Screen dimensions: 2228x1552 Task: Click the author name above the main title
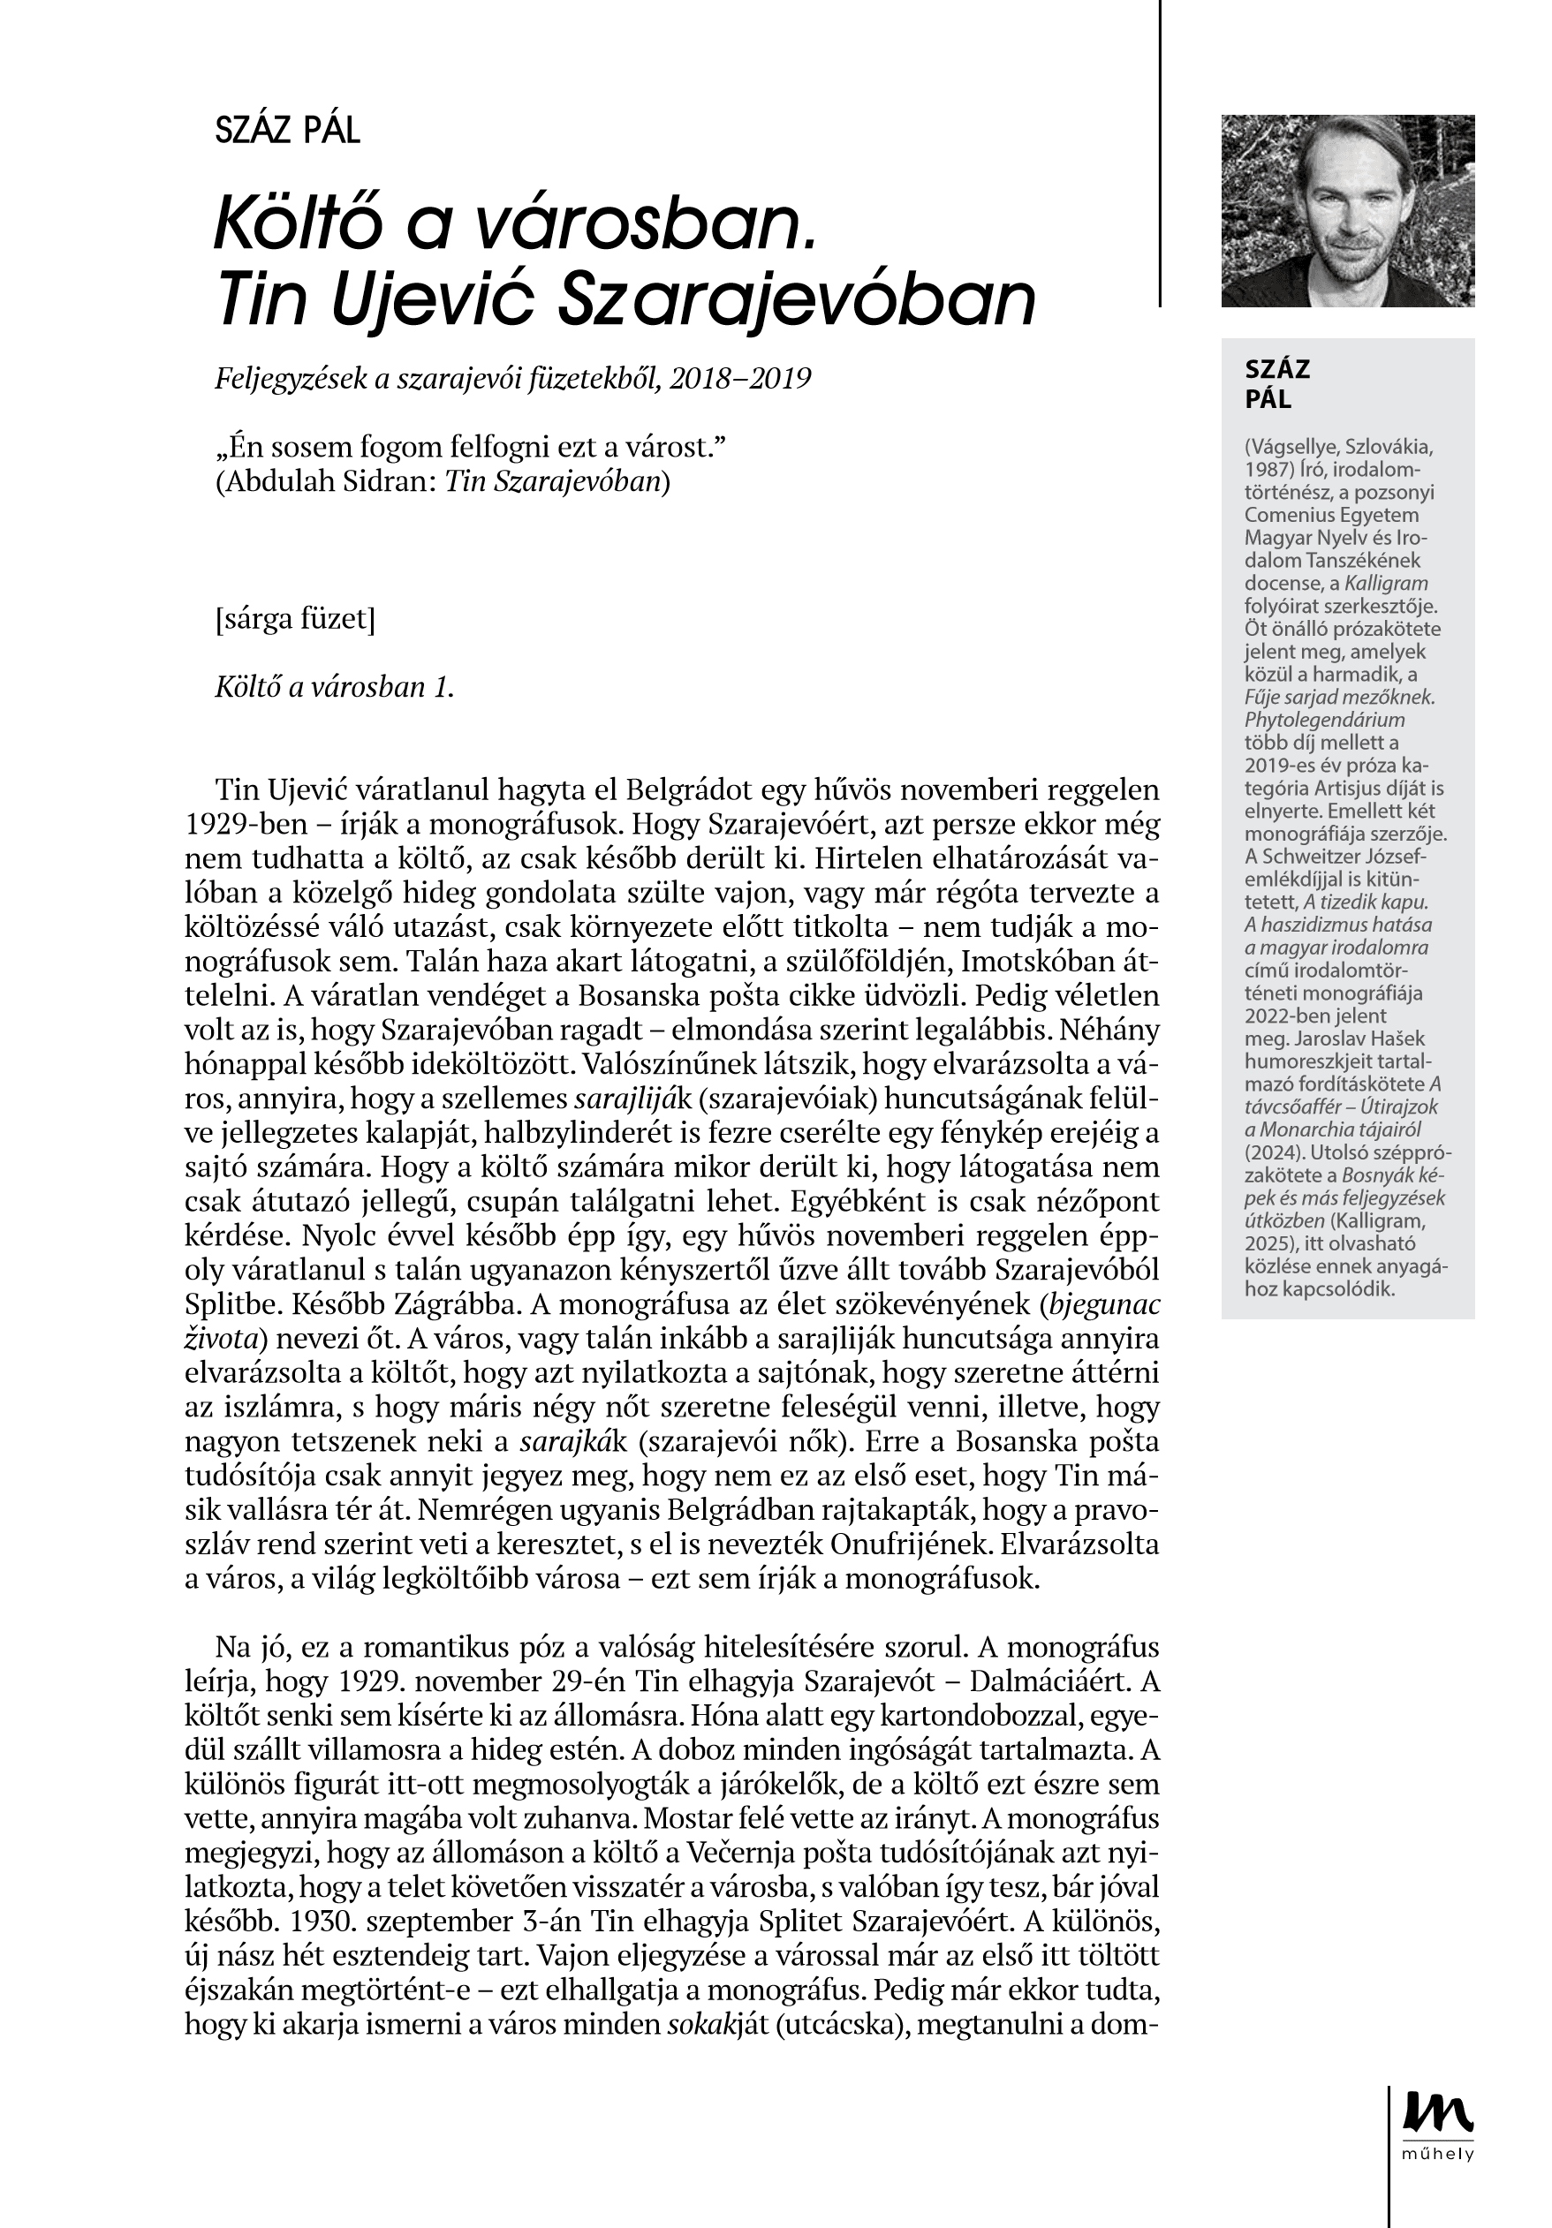point(287,130)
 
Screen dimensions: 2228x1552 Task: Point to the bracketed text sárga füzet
point(295,618)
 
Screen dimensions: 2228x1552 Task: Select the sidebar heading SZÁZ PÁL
point(1277,383)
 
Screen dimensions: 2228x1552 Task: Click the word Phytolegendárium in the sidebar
point(1324,720)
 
